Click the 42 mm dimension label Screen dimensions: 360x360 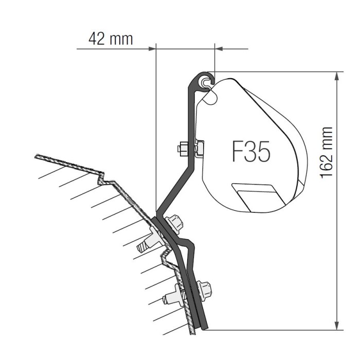tap(110, 39)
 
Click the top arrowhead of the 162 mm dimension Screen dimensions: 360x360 tap(336, 76)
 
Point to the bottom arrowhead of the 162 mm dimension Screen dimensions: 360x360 tap(336, 325)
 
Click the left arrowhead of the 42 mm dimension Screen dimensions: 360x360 tap(152, 49)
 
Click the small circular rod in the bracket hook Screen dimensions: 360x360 tap(207, 81)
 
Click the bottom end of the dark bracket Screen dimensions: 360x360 tap(204, 326)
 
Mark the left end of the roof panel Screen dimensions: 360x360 tap(37, 156)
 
